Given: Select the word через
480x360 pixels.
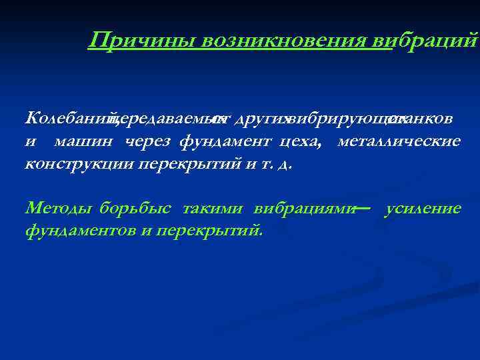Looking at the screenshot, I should pyautogui.click(x=145, y=141).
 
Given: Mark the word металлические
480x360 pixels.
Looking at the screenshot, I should pyautogui.click(x=399, y=141).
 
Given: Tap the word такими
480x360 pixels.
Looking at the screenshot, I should pyautogui.click(x=213, y=209).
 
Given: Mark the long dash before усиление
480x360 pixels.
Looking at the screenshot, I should pyautogui.click(x=363, y=209).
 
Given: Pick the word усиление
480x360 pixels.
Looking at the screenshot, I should pyautogui.click(x=423, y=209).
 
